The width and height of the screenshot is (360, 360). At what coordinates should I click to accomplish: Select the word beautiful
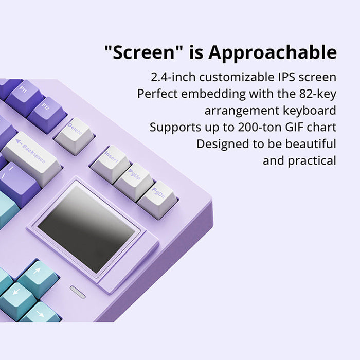coord(311,143)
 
